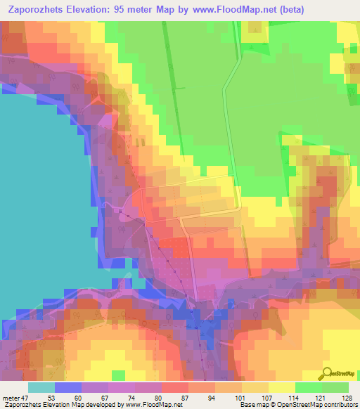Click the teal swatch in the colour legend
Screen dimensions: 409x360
(x=41, y=387)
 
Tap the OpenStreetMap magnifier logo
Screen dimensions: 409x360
(x=328, y=373)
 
